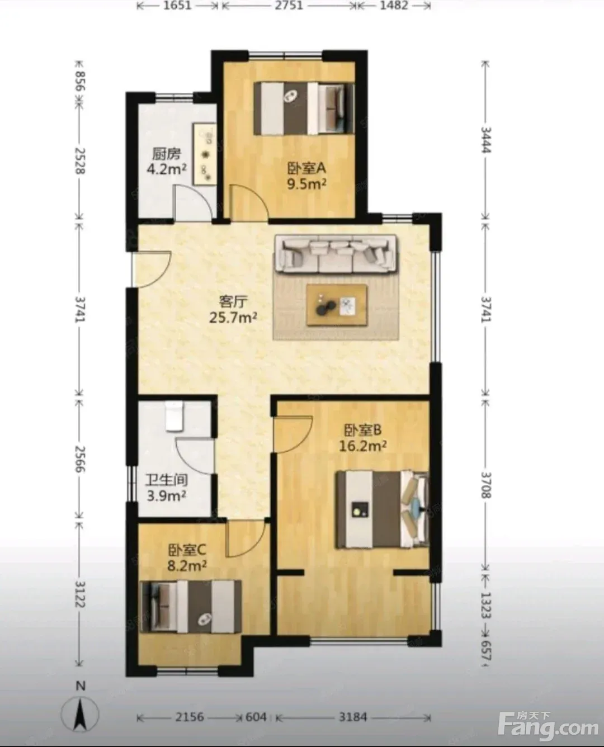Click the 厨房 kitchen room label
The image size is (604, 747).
[x=166, y=154]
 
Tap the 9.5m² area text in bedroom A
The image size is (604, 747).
[x=307, y=184]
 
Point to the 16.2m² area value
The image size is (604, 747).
[x=363, y=446]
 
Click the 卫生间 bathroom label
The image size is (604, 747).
[x=167, y=480]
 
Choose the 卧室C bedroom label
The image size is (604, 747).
[x=187, y=550]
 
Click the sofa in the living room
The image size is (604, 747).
[x=336, y=253]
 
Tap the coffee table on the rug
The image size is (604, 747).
[x=337, y=305]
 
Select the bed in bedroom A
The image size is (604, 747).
[x=304, y=108]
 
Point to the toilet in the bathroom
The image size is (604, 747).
[x=174, y=416]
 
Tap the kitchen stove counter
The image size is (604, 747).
[x=205, y=153]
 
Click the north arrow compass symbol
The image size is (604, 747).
[x=81, y=706]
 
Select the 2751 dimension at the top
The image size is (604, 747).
[x=289, y=6]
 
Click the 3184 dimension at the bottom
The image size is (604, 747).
[x=353, y=707]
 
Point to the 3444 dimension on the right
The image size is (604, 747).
[x=486, y=140]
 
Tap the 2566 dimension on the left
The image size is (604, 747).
[x=81, y=459]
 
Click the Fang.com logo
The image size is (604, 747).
[x=548, y=716]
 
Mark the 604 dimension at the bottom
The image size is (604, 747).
[x=256, y=707]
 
